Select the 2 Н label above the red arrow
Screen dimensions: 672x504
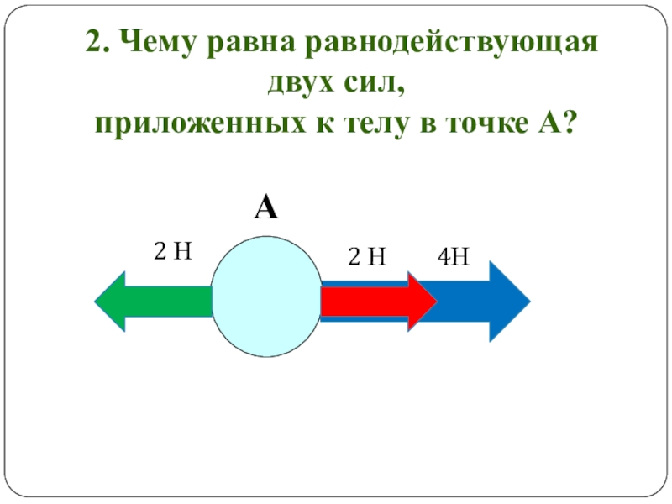pyautogui.click(x=367, y=257)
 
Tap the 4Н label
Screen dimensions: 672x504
pyautogui.click(x=452, y=257)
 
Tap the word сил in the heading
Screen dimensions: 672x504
pyautogui.click(x=377, y=84)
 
